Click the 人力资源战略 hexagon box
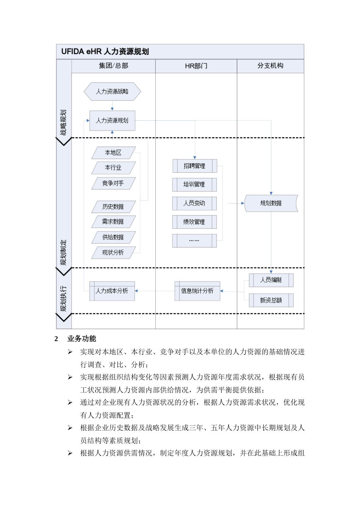click(x=112, y=91)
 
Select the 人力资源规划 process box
click(x=112, y=120)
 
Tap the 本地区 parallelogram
click(x=113, y=153)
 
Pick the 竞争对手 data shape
click(x=113, y=183)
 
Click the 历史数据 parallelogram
click(x=113, y=206)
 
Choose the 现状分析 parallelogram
click(x=113, y=253)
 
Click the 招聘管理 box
click(x=194, y=166)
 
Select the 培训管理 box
click(x=194, y=184)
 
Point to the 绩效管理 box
click(x=194, y=222)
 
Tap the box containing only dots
click(x=194, y=240)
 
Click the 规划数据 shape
click(x=271, y=203)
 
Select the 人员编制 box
click(x=271, y=280)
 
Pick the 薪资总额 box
click(x=271, y=300)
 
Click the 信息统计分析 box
click(x=197, y=291)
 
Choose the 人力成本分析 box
click(x=112, y=291)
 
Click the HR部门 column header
click(x=196, y=66)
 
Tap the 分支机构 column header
click(x=270, y=66)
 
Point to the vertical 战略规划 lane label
click(x=63, y=123)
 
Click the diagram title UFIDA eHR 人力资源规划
click(x=105, y=52)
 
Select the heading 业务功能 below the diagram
click(x=81, y=339)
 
